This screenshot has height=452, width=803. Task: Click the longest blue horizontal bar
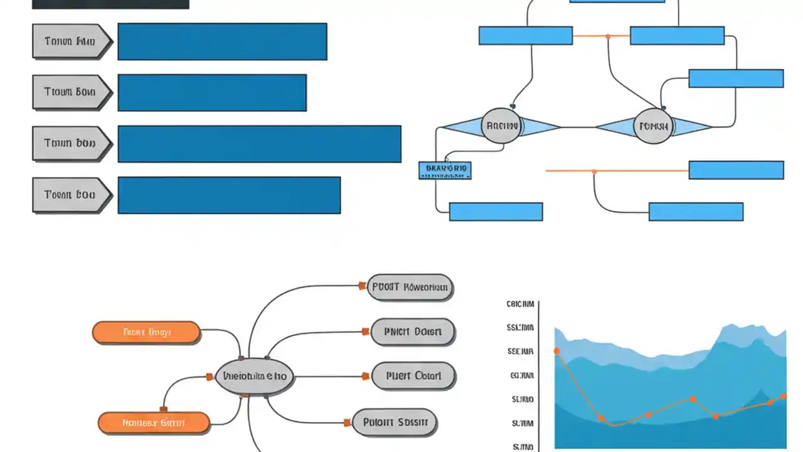[259, 144]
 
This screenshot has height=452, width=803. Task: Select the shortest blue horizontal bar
[212, 93]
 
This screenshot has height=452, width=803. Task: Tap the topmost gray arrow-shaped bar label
[72, 42]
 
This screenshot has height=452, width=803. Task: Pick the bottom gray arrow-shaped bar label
[72, 195]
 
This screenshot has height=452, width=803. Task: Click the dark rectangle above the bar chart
[110, 4]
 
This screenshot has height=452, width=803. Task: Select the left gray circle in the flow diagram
[501, 126]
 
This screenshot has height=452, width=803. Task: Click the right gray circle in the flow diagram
[654, 126]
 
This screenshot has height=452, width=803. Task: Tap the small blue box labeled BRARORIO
[445, 169]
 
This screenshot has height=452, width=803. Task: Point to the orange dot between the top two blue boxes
[608, 36]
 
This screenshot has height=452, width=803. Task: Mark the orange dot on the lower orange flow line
[594, 171]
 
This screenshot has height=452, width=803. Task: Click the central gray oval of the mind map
[255, 377]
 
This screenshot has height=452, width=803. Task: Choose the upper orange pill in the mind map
[146, 332]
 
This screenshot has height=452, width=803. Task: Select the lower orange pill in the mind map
[154, 423]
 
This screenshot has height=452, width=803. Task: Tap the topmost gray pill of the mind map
[410, 288]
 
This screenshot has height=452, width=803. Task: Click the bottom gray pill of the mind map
[395, 422]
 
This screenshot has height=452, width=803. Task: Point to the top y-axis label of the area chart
[520, 304]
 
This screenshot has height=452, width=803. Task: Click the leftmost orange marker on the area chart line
[556, 351]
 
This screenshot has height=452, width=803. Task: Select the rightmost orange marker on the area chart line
[783, 396]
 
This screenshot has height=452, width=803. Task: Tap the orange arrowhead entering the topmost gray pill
[362, 286]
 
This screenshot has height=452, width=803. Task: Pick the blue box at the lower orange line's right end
[736, 170]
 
